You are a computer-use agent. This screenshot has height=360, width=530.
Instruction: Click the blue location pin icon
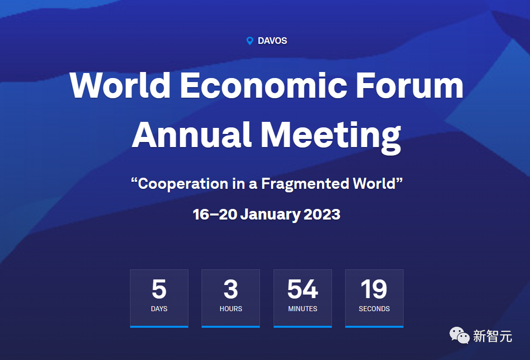pos(250,41)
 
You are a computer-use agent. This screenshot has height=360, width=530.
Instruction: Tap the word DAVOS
pos(273,41)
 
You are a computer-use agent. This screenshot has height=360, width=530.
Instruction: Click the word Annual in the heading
pos(191,134)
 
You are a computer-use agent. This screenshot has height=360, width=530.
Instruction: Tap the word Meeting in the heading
pos(330,137)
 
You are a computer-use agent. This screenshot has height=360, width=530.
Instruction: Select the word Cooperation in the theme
pos(183,184)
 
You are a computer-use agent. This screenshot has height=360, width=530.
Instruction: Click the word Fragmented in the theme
pos(305,184)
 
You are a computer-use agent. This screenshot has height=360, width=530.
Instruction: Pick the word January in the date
pos(270,215)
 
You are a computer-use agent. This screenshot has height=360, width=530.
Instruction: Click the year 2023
pos(322,214)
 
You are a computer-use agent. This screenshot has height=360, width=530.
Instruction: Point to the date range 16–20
pos(215,214)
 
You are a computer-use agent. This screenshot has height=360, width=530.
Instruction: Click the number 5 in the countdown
pos(159,289)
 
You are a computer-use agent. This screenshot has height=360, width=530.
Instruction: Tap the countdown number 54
pos(302,289)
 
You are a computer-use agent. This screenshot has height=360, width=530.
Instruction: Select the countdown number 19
pos(374,289)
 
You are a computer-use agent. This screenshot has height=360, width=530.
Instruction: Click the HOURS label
pos(231,309)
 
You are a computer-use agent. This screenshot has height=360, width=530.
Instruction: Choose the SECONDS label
pos(374,309)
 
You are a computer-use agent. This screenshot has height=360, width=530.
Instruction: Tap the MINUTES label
pos(302,309)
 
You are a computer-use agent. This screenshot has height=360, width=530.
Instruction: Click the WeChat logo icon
pos(459,335)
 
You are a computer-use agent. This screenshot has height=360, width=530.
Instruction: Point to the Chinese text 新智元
pos(493,336)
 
